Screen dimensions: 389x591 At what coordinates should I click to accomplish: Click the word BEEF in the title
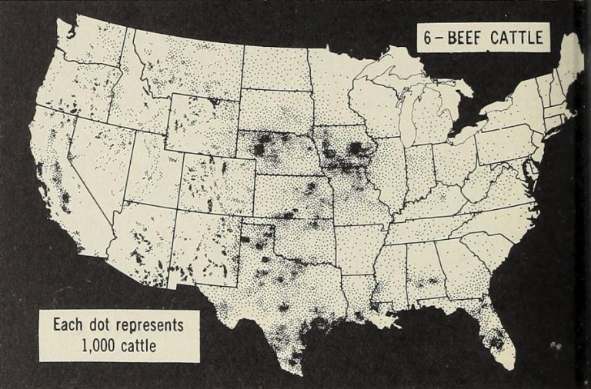(x=469, y=38)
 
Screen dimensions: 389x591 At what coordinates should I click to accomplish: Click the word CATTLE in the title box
(x=518, y=38)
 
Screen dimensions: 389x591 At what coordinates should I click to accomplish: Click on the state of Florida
(x=492, y=327)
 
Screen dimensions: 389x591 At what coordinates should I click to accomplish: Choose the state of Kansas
(x=291, y=196)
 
